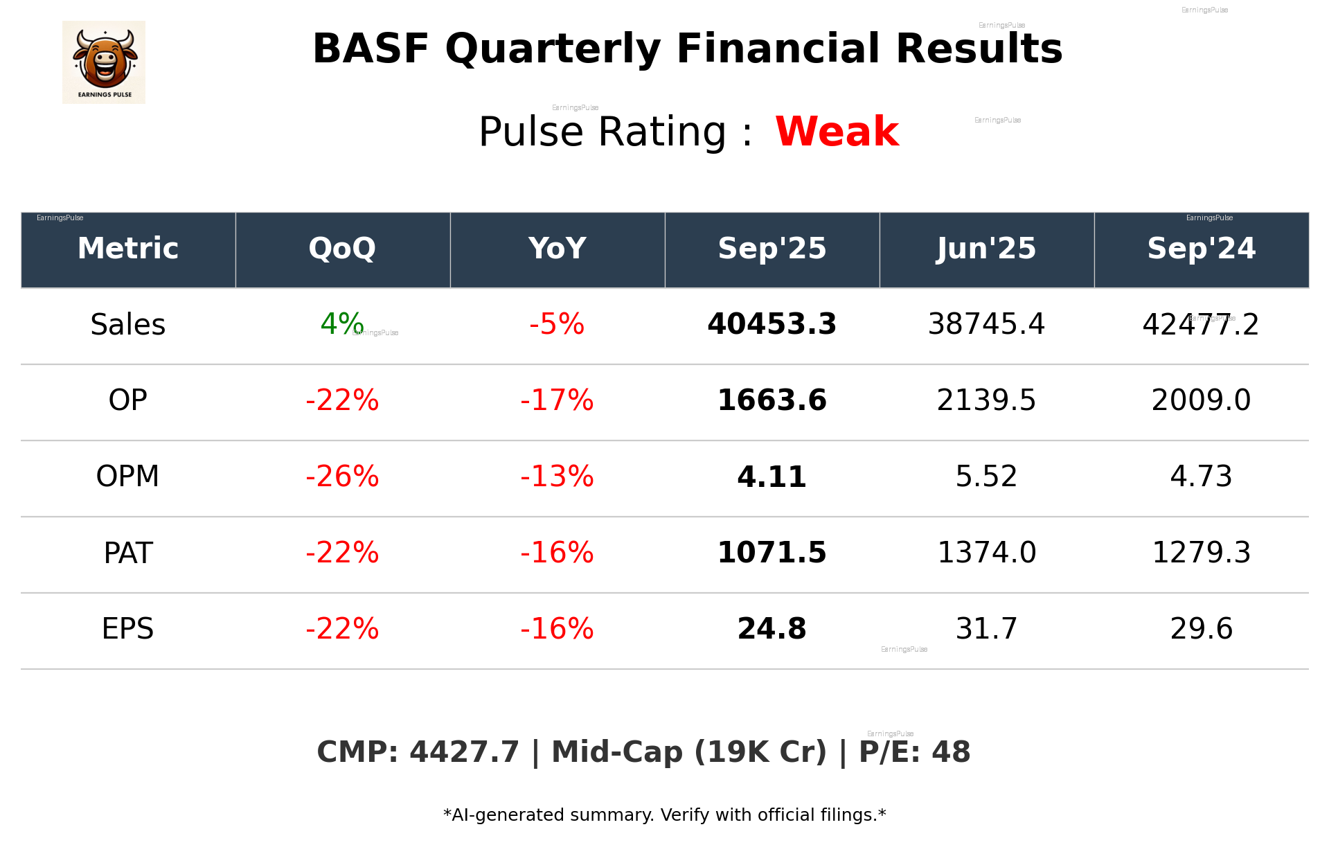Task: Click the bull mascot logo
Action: click(x=104, y=62)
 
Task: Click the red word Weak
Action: click(x=837, y=132)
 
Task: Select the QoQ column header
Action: click(x=342, y=249)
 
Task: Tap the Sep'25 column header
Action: click(x=771, y=249)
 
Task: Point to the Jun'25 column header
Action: click(x=986, y=249)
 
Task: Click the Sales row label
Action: click(x=128, y=325)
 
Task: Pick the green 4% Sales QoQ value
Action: click(x=341, y=324)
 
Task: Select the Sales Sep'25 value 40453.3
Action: click(x=771, y=324)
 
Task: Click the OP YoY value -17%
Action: click(x=557, y=400)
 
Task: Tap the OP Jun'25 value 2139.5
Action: click(x=986, y=400)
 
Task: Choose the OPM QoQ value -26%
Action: click(x=342, y=477)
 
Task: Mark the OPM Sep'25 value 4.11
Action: click(x=771, y=477)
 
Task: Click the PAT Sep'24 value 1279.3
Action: click(x=1201, y=553)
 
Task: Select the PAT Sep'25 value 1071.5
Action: click(x=771, y=553)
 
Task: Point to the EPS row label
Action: click(x=128, y=629)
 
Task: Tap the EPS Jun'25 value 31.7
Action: click(x=986, y=629)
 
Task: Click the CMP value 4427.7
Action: click(x=463, y=752)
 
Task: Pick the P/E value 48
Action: click(x=951, y=752)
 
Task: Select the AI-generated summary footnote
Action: click(x=664, y=815)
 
